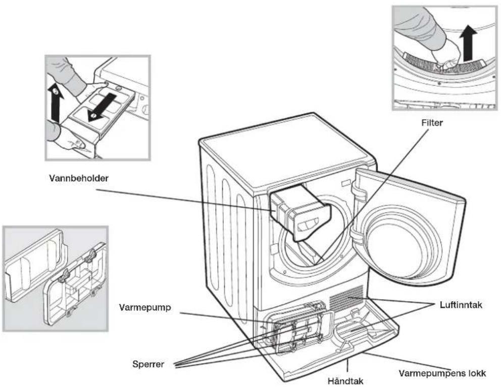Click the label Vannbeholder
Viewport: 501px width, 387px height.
[x=79, y=178]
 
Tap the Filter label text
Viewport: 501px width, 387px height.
[x=432, y=123]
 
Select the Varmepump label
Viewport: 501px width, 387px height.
[x=145, y=307]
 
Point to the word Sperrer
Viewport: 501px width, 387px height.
[x=148, y=364]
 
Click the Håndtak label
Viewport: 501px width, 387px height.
[x=345, y=381]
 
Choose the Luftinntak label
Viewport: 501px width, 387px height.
[x=461, y=305]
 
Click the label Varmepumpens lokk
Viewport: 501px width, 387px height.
[x=442, y=373]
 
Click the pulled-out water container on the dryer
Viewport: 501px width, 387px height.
[x=299, y=212]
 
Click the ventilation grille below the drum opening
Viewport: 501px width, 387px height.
[x=346, y=299]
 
